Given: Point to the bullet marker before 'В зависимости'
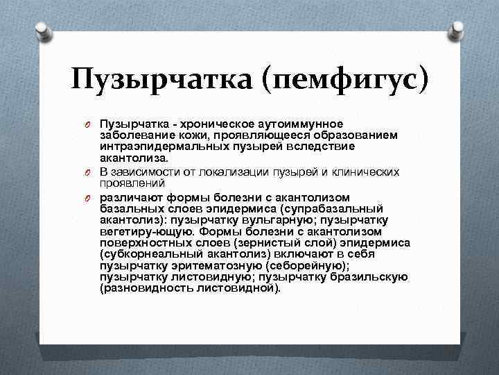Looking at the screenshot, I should click(x=90, y=173).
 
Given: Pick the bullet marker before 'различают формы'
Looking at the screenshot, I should click(x=90, y=198).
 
